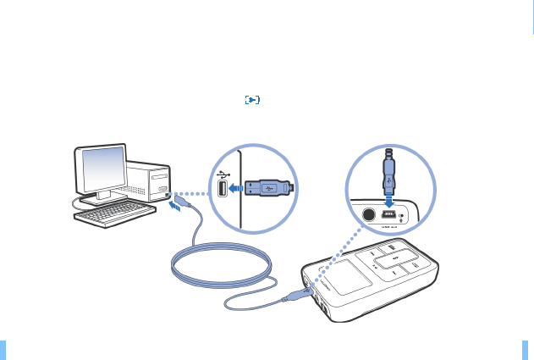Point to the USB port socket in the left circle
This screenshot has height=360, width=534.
[223, 191]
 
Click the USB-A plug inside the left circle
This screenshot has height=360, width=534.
[269, 188]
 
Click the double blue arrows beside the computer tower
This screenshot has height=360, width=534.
[173, 208]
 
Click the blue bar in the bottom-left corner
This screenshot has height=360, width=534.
[3, 350]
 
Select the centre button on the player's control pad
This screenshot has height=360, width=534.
[391, 259]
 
